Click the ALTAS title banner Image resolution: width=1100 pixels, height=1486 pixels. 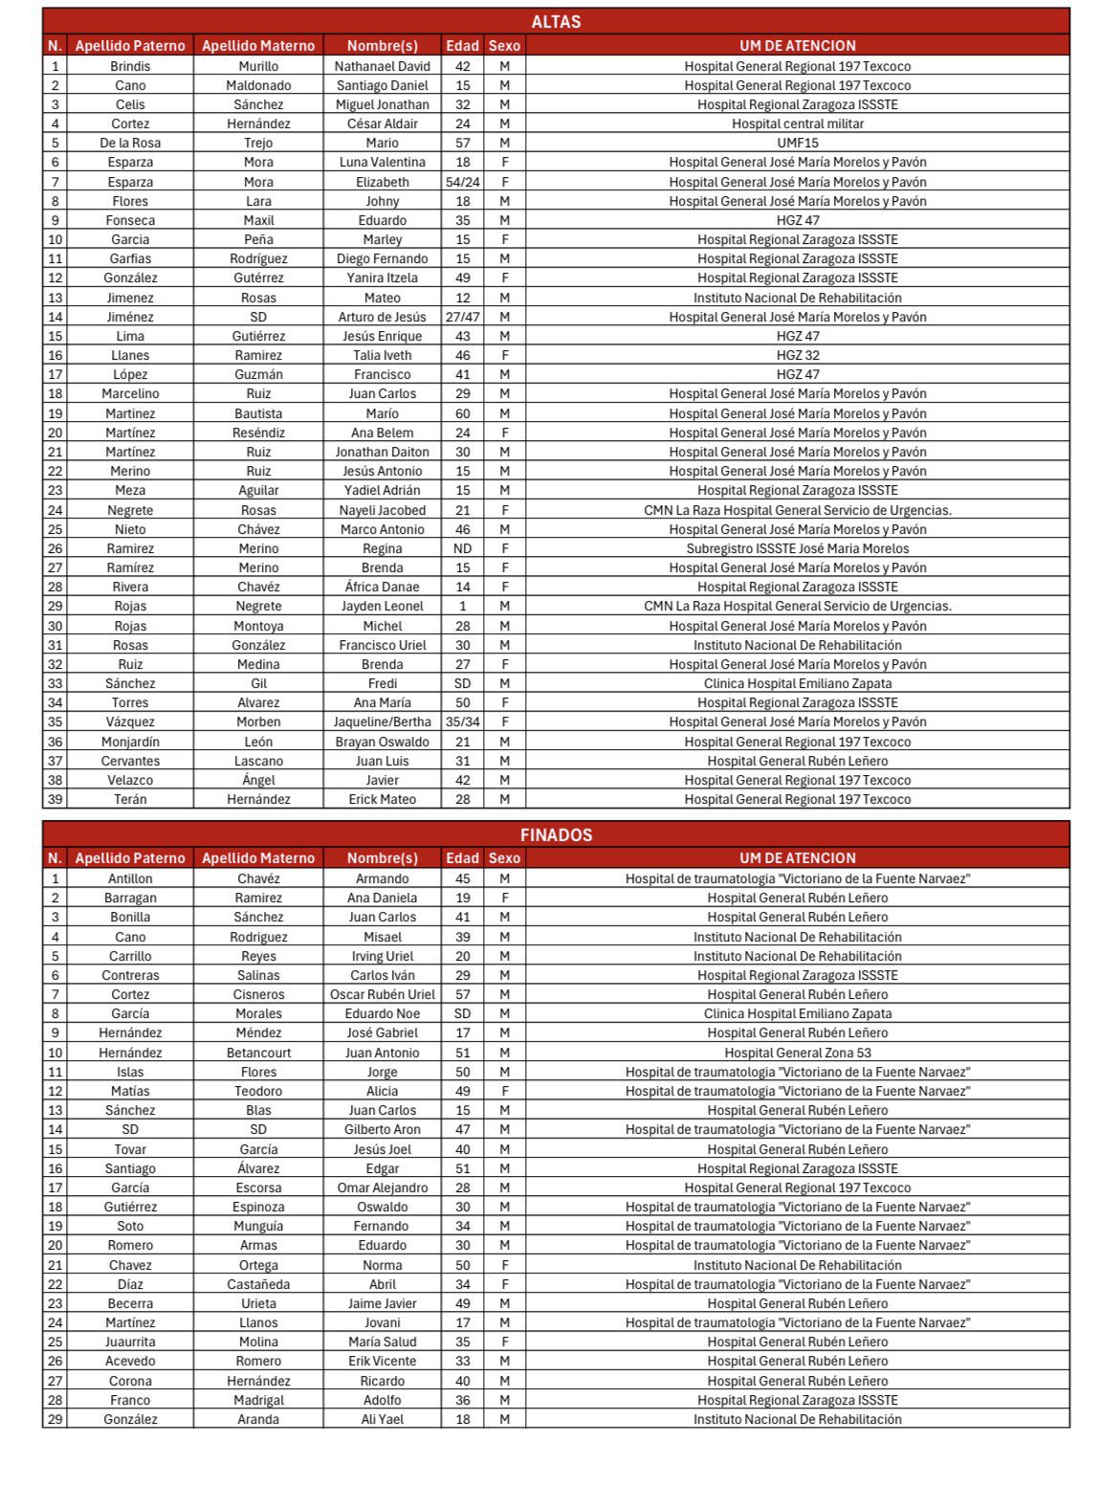pos(556,21)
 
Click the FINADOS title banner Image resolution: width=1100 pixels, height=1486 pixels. pos(556,834)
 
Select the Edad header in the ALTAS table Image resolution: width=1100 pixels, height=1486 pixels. pos(462,45)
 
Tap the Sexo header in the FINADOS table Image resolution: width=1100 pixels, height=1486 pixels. pos(504,858)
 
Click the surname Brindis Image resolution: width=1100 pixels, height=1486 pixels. pos(130,66)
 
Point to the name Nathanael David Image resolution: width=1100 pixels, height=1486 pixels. pos(382,66)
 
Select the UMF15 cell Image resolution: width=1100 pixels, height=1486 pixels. pos(797,143)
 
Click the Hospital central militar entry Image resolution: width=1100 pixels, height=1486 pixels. pos(797,123)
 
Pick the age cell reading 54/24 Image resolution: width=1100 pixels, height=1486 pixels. pos(462,182)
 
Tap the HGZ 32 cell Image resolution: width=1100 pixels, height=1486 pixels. pos(797,355)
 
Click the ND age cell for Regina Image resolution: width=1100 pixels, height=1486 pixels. pos(462,548)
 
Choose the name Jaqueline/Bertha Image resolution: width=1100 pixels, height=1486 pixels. pos(382,721)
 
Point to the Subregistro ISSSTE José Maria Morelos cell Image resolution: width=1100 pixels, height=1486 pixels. pos(797,548)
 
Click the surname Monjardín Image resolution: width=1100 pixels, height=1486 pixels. pos(130,742)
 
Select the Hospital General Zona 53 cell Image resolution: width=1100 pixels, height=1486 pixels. pos(797,1053)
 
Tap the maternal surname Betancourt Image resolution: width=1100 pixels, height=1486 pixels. pos(258,1053)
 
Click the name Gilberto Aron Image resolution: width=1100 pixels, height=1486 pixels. pos(382,1129)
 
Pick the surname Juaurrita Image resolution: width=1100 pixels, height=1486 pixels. pos(130,1342)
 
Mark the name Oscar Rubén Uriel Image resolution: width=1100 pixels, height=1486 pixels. pos(382,994)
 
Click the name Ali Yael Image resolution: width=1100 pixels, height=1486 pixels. pos(382,1419)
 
